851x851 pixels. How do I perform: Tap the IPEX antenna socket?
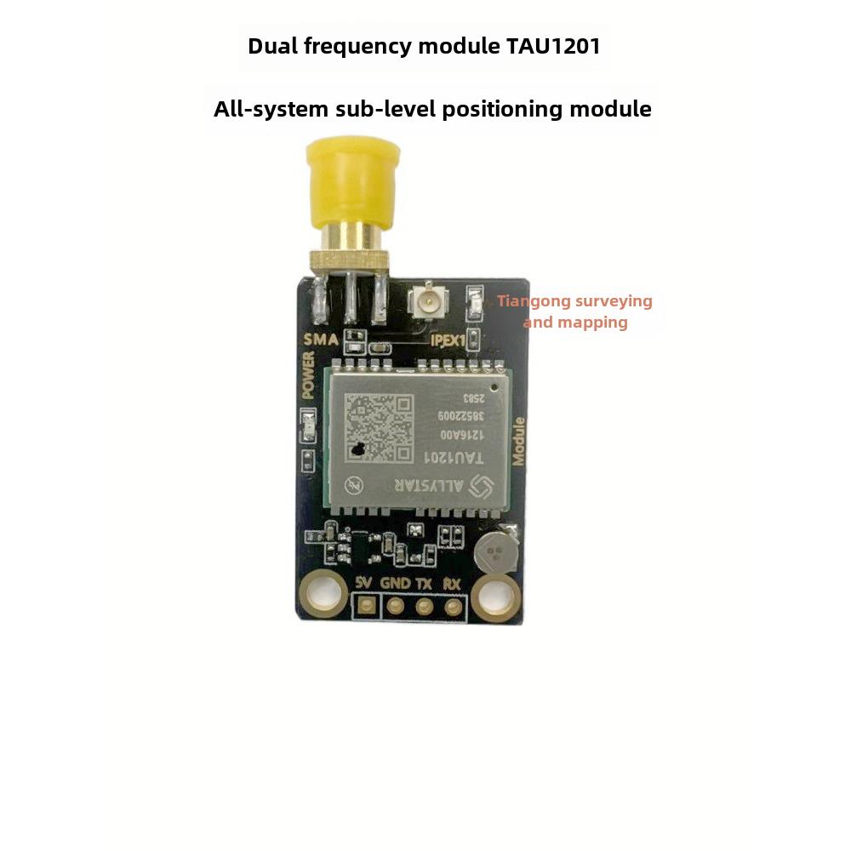[x=422, y=301]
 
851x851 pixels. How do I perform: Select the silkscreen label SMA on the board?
[x=322, y=340]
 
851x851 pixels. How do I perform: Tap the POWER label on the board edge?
[x=309, y=377]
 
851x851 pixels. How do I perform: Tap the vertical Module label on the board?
[x=517, y=441]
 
